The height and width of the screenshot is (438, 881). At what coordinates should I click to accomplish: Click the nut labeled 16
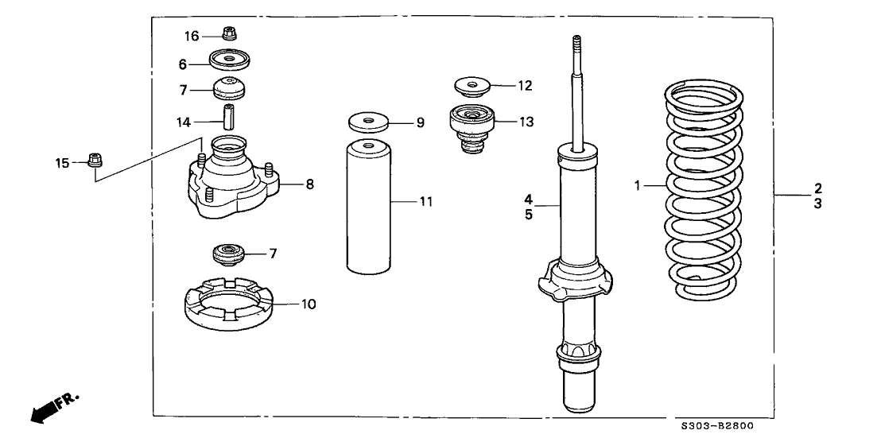230,33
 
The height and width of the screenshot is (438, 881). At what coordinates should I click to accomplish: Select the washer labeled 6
230,60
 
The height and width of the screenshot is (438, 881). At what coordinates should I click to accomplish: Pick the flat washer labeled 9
369,122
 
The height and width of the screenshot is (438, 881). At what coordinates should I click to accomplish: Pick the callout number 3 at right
817,203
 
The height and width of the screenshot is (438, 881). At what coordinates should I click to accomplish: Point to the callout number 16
192,36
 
